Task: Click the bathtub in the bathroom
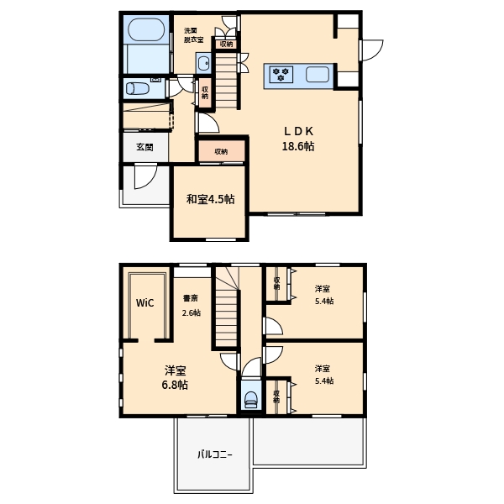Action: click(146, 29)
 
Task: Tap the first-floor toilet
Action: click(137, 88)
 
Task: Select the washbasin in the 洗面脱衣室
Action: click(204, 63)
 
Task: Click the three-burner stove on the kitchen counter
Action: click(281, 74)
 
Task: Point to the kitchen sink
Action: click(318, 74)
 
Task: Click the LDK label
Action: click(298, 131)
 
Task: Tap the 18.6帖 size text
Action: click(298, 146)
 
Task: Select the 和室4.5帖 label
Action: click(211, 199)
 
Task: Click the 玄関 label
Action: click(144, 147)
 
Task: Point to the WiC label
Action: click(145, 302)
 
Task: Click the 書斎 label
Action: click(191, 298)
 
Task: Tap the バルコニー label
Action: click(215, 454)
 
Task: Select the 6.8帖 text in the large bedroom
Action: click(175, 385)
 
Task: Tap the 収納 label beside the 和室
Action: click(221, 151)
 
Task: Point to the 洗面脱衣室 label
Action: click(193, 35)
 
